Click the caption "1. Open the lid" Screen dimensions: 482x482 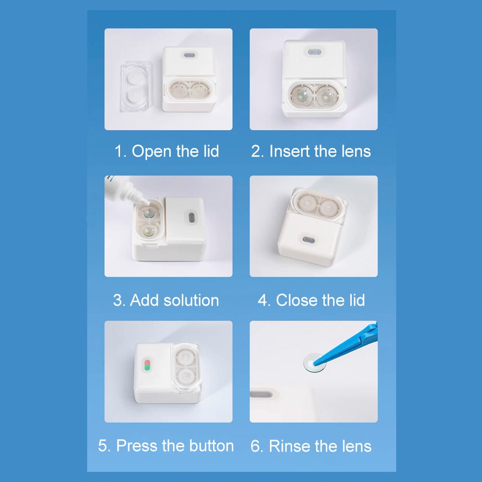166,151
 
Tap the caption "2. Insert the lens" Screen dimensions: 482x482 311,151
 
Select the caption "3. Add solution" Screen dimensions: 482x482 166,300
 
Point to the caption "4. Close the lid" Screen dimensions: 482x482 311,300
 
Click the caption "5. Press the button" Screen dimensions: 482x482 166,446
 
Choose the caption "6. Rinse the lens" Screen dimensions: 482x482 311,446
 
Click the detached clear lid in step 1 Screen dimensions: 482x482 135,87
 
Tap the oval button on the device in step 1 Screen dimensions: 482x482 189,56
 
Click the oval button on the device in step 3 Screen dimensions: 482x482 190,217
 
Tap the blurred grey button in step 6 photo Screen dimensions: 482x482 264,394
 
